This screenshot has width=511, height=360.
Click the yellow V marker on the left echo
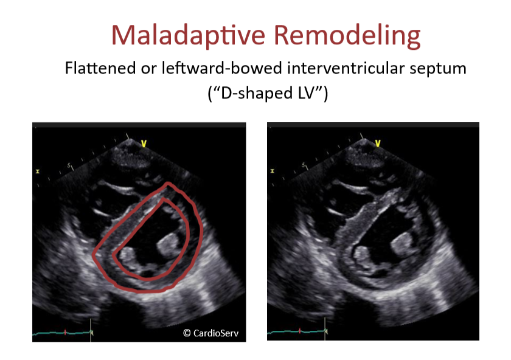tap(144, 144)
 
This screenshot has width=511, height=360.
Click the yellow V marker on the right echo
tap(378, 144)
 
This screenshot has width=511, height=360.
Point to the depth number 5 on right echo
tap(305, 165)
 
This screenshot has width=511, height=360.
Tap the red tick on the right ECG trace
tap(299, 332)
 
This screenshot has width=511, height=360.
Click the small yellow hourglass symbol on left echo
tap(38, 171)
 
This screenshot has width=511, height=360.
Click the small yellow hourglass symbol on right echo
tap(273, 171)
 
